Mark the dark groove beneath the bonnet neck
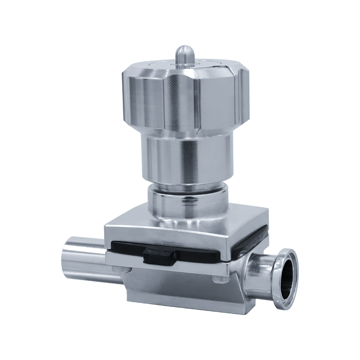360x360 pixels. coord(187,184)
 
